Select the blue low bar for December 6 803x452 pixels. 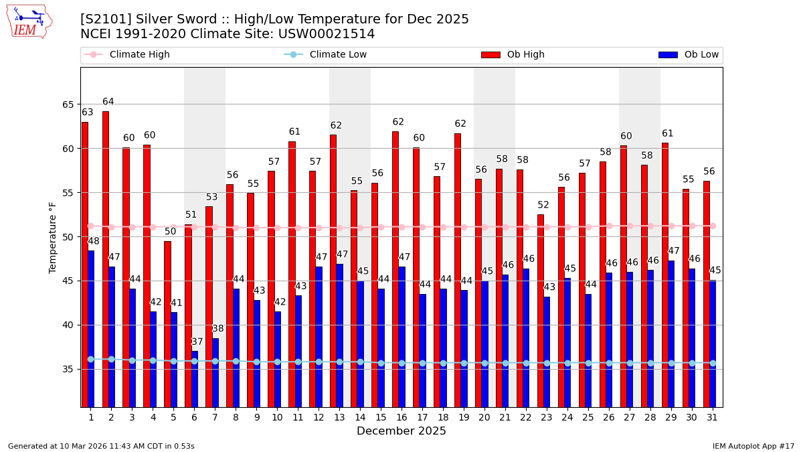point(195,378)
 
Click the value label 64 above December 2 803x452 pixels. point(108,102)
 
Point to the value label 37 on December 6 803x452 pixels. point(197,342)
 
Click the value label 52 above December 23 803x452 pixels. point(543,205)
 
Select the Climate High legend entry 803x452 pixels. point(139,55)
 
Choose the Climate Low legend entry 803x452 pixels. point(338,55)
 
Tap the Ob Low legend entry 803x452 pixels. point(700,55)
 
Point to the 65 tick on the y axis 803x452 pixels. point(70,104)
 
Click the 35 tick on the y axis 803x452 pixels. point(70,369)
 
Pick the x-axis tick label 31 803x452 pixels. point(712,417)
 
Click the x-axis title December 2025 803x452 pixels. point(401,431)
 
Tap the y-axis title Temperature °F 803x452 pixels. point(54,237)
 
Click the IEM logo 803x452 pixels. point(29,21)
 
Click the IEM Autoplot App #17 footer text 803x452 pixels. point(753,446)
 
